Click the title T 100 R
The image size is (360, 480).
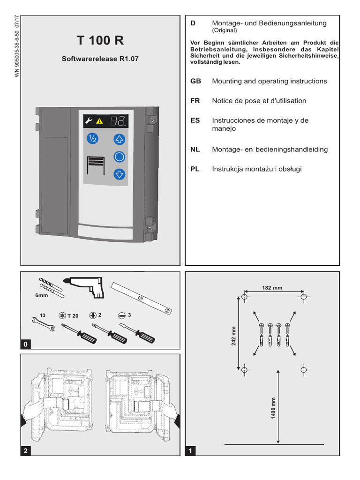tap(100, 40)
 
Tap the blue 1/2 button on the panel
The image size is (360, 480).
tap(92, 139)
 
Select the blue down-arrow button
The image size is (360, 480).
tap(120, 174)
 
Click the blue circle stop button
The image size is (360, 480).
tap(120, 157)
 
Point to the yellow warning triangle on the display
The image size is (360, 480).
tap(99, 121)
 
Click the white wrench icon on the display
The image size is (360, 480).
tap(89, 120)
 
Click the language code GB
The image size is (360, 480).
tap(195, 81)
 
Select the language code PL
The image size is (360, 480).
tap(195, 169)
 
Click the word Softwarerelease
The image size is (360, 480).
tap(90, 59)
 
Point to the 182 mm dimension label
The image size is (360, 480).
tap(272, 288)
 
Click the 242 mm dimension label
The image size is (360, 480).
tap(233, 336)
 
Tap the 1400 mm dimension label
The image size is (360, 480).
tap(273, 408)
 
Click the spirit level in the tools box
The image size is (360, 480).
tap(142, 298)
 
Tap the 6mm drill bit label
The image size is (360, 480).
tap(41, 295)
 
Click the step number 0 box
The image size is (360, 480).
tap(25, 344)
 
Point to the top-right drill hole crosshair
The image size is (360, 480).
tap(303, 297)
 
